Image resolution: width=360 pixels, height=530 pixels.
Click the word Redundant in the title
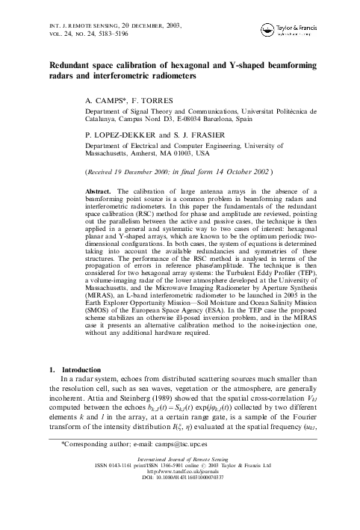(72, 66)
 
